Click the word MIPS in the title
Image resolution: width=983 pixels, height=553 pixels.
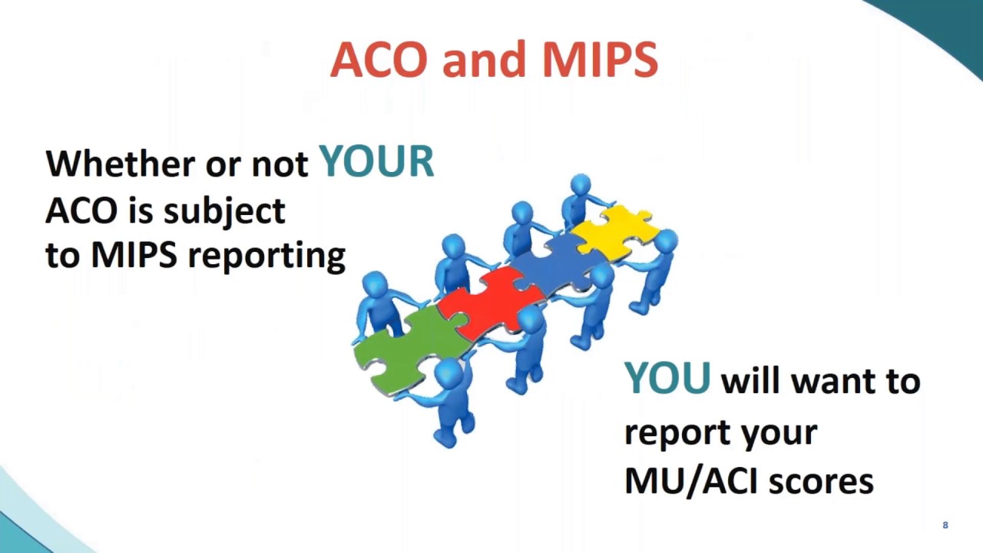click(x=600, y=60)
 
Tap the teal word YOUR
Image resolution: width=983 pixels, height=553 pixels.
click(x=376, y=162)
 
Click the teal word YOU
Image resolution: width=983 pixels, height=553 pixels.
click(x=667, y=379)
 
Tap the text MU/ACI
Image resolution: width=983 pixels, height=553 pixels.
click(x=691, y=481)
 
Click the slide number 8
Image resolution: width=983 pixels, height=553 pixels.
click(x=945, y=525)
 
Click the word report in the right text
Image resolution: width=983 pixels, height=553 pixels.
click(x=677, y=432)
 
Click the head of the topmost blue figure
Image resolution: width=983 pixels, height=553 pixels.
click(x=581, y=185)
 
